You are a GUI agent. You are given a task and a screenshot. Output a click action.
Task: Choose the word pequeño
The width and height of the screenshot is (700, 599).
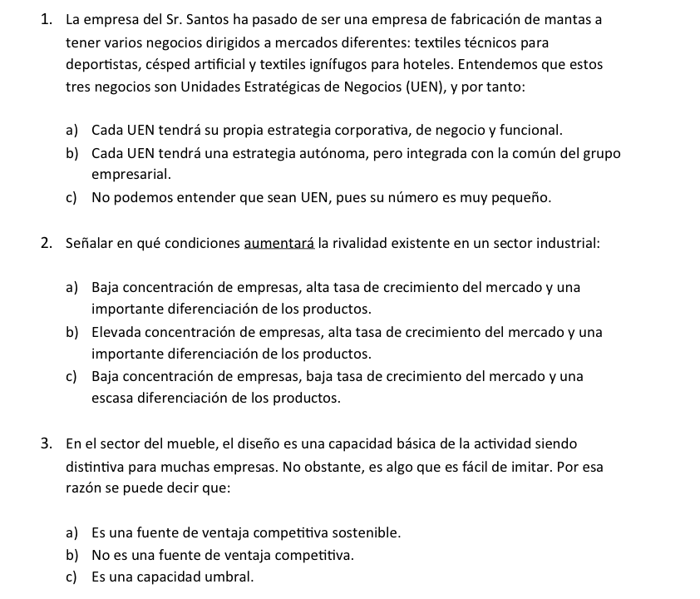click(x=521, y=198)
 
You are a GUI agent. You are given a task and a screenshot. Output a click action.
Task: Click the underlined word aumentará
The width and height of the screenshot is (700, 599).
click(x=279, y=244)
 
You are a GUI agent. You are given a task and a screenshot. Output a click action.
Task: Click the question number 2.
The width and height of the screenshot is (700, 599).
click(x=47, y=244)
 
